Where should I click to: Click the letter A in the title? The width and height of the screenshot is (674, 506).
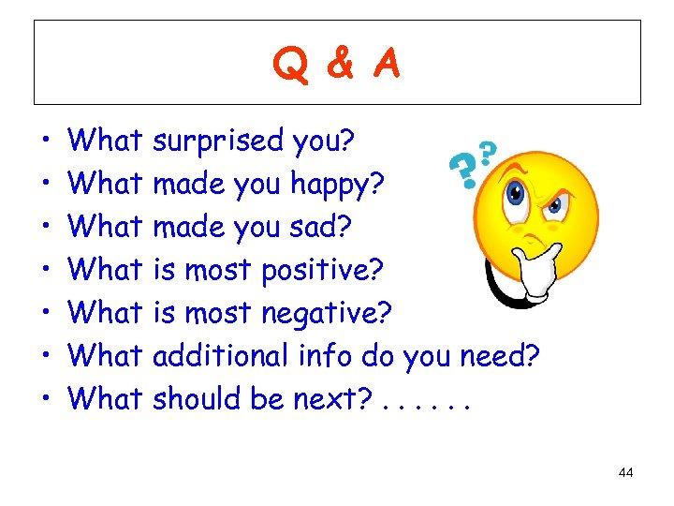pyautogui.click(x=384, y=65)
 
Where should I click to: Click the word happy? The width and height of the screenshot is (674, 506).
pyautogui.click(x=336, y=185)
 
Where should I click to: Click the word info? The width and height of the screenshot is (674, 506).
pyautogui.click(x=328, y=355)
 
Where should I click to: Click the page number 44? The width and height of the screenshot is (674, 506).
pyautogui.click(x=626, y=473)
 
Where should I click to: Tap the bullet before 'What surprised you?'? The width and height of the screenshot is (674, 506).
pyautogui.click(x=45, y=142)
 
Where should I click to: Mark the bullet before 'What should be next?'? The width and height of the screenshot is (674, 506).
pyautogui.click(x=45, y=399)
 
